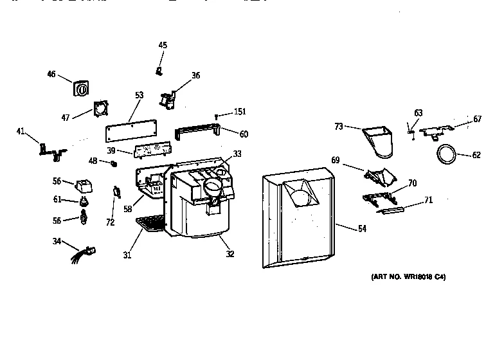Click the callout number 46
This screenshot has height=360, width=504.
51,74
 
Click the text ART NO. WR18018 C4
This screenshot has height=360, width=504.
408,277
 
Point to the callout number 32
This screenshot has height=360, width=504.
230,253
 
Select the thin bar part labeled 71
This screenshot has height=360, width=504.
392,209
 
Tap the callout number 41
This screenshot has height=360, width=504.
21,132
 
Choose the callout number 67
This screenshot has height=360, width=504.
477,119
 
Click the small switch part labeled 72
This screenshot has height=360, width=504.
116,192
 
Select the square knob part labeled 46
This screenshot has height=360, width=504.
81,89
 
